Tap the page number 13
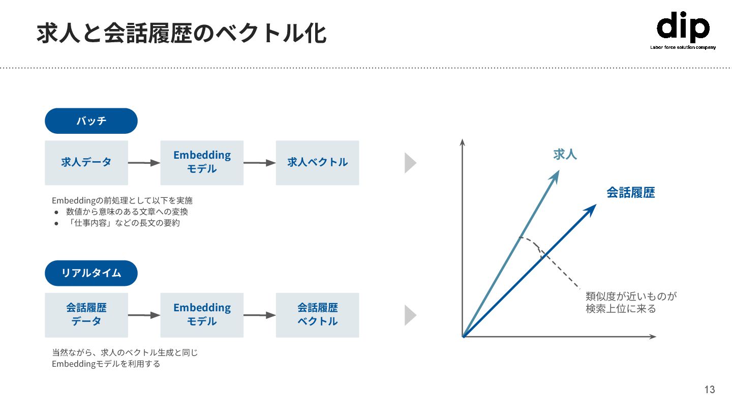(x=710, y=390)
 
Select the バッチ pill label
(x=91, y=121)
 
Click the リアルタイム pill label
(x=91, y=273)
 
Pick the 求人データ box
(x=86, y=163)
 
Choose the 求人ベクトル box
(x=317, y=163)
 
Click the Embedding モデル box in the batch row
(x=202, y=163)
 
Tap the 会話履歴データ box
(x=86, y=315)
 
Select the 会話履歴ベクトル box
(x=317, y=315)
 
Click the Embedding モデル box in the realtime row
(x=202, y=315)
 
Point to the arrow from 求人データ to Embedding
(x=144, y=163)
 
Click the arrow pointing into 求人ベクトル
(x=260, y=163)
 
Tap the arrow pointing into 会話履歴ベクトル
(x=260, y=315)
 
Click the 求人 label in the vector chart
(x=565, y=154)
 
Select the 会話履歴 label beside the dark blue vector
(x=630, y=193)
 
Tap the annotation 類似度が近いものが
(x=631, y=297)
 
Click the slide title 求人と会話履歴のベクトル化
(x=181, y=34)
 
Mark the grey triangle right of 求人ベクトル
(x=410, y=163)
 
